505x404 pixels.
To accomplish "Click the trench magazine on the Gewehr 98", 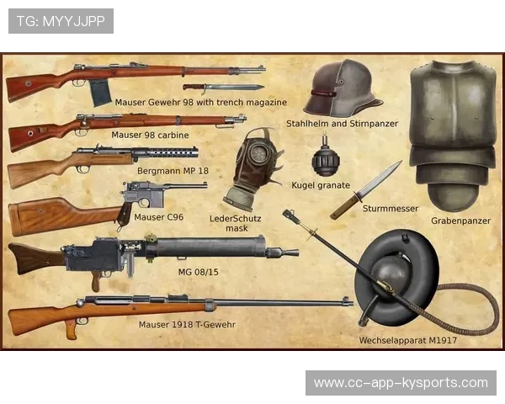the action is click(100, 93).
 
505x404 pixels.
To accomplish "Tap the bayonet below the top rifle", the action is click(224, 88).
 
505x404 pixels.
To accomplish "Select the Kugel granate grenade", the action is click(326, 160).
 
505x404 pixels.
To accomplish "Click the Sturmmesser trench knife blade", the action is click(380, 178).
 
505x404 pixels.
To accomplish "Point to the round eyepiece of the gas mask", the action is click(259, 152).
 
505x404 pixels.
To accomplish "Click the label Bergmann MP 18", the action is click(173, 171).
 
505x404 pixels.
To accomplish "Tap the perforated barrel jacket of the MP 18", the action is click(173, 152).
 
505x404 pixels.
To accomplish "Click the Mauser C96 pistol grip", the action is click(125, 214).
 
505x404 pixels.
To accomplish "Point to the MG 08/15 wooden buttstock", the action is click(36, 258).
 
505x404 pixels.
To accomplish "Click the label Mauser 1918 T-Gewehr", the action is click(187, 324).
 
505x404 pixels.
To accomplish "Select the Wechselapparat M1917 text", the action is click(407, 340).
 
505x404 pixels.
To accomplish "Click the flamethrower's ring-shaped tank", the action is click(396, 277).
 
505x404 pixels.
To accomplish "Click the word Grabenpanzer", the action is click(461, 221).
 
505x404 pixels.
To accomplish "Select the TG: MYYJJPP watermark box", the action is click(61, 21).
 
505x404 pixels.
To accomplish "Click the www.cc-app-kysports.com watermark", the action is click(401, 383).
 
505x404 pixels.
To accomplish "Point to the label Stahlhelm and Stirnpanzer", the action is click(342, 124).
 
